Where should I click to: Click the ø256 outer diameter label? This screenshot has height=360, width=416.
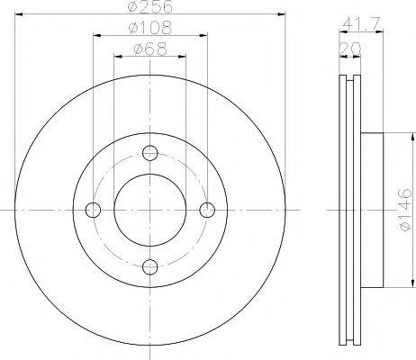point(149,8)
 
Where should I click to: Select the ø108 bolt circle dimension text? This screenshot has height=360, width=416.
point(149,29)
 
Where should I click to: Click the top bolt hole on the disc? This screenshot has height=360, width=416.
point(150,153)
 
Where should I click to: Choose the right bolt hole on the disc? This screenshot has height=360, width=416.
point(207,210)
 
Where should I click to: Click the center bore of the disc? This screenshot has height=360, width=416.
point(150,210)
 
